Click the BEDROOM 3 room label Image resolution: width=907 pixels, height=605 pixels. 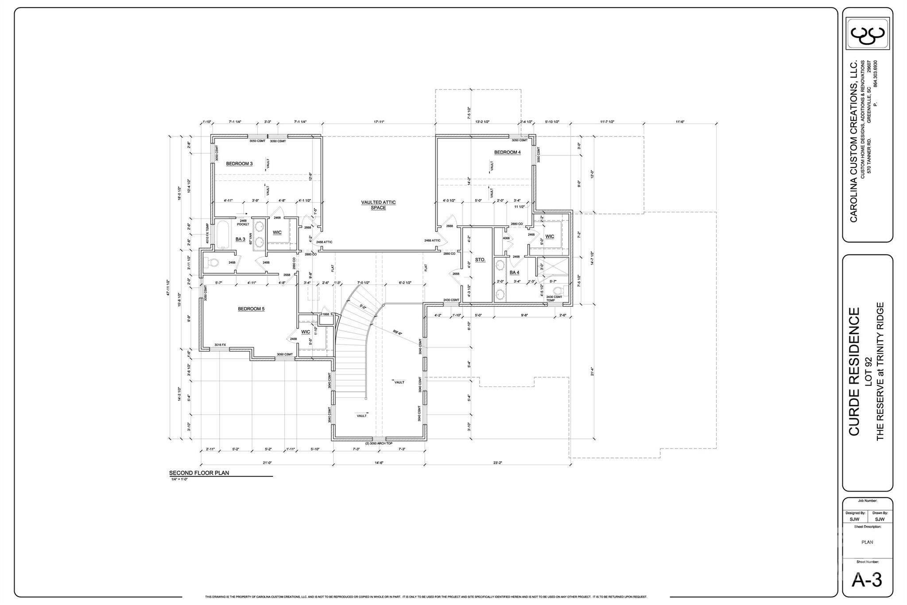click(239, 164)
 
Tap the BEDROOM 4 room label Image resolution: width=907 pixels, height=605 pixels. click(507, 152)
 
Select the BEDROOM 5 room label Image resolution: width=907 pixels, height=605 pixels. click(251, 308)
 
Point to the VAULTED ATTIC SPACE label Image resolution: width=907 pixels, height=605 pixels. click(378, 205)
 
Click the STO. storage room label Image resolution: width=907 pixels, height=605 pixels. click(480, 260)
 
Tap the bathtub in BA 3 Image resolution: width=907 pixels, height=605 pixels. click(222, 235)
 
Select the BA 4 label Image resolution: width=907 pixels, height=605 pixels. click(514, 272)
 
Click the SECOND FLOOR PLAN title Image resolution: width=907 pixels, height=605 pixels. click(199, 473)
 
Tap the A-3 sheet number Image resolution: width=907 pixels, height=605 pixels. click(867, 580)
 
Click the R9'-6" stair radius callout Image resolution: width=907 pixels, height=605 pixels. click(397, 332)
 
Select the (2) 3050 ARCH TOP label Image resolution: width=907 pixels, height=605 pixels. click(379, 443)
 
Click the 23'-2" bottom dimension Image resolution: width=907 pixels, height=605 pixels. click(498, 463)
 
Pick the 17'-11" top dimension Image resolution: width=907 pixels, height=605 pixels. click(379, 121)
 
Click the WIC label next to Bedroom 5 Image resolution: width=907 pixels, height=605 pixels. click(306, 332)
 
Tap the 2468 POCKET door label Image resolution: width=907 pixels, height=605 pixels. click(243, 222)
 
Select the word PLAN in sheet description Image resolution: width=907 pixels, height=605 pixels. click(867, 542)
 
